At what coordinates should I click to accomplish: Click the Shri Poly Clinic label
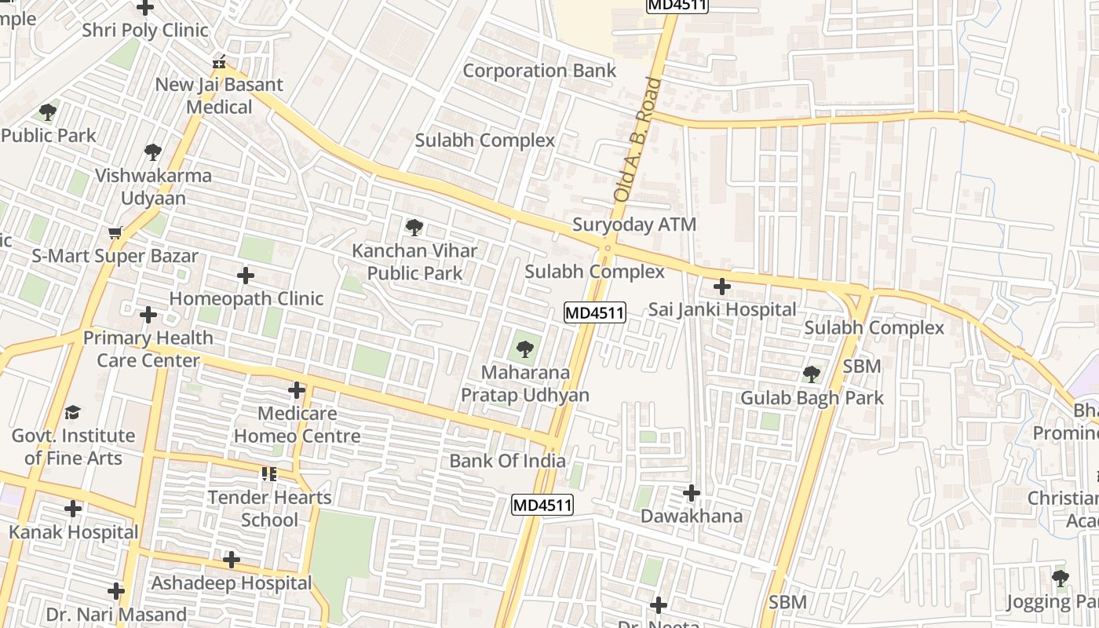point(145,31)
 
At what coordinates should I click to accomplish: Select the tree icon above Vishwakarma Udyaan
point(153,152)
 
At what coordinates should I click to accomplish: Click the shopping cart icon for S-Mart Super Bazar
point(115,233)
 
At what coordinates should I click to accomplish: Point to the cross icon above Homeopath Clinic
point(246,276)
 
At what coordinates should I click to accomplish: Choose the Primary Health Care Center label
point(148,349)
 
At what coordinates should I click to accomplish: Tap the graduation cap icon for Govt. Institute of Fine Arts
point(73,412)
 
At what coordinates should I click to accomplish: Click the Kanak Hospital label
point(74,532)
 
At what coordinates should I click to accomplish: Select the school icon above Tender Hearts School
point(269,474)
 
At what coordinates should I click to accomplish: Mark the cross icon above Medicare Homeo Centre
point(297,389)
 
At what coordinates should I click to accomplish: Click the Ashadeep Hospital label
point(231,583)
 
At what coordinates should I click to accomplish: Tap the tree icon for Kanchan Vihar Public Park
point(414,228)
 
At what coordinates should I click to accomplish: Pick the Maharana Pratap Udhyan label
point(524,383)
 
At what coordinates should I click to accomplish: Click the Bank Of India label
point(507,461)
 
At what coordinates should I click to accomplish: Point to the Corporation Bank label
point(539,71)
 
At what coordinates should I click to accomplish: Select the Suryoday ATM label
point(633,225)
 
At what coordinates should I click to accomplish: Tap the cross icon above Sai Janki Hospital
point(721,287)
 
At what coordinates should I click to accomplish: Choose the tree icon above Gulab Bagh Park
point(812,374)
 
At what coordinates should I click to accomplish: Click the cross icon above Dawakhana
point(692,493)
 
